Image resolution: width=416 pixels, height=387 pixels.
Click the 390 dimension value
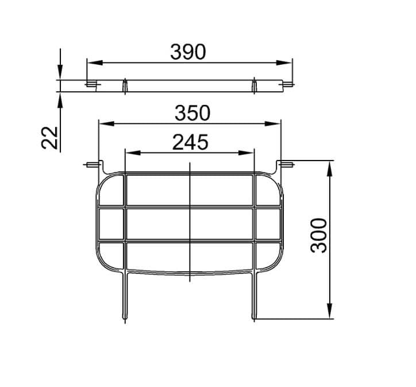point(188,52)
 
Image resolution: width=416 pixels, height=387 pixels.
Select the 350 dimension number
point(192,113)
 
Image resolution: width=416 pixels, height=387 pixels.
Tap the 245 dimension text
point(190,142)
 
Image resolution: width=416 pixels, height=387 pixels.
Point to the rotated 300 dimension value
point(319,236)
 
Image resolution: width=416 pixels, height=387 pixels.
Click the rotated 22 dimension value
point(49,138)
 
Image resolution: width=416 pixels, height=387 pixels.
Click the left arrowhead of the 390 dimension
point(95,62)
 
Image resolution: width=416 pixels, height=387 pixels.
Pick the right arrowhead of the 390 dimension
point(284,62)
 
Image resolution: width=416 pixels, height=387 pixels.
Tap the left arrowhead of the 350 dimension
point(107,124)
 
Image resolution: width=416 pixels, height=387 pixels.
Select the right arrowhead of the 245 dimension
point(246,153)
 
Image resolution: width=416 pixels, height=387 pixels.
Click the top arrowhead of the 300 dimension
point(329,169)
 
